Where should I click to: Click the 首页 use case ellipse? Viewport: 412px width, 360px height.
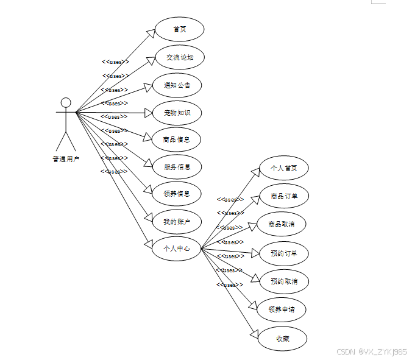pos(179,29)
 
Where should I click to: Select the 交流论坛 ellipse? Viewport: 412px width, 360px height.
pos(179,57)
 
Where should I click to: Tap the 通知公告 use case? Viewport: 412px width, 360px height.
pos(177,85)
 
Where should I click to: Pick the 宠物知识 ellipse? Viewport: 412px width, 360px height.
pos(177,113)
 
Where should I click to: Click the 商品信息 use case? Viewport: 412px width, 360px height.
pos(177,139)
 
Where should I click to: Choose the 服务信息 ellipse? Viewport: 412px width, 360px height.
pos(177,167)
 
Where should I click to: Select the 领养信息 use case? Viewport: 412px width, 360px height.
pos(177,194)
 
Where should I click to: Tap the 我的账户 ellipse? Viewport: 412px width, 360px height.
pos(177,222)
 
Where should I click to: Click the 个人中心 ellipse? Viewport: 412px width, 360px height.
pos(177,249)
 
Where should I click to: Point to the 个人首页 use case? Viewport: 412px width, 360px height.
pos(283,168)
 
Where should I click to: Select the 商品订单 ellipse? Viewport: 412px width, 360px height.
pos(283,196)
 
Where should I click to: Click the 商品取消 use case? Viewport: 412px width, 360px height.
pos(282,224)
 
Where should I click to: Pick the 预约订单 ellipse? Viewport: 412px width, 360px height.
pos(283,253)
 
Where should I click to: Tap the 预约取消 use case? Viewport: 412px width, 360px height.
pos(283,281)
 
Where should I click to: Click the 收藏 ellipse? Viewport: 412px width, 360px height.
pos(282,339)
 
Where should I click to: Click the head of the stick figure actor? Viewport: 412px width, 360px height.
pos(66,102)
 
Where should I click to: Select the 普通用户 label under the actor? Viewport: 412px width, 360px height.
pos(66,160)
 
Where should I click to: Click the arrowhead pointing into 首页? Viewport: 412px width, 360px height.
pos(150,32)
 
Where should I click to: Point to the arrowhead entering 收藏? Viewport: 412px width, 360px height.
pos(255,333)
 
